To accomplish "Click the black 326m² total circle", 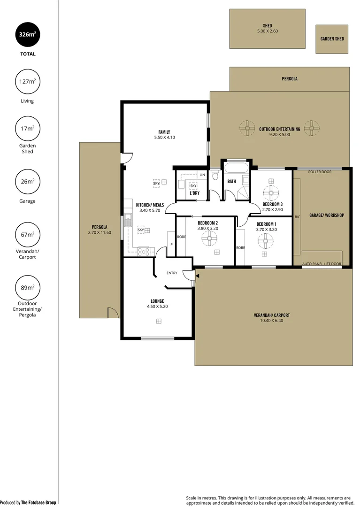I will tap(27, 35).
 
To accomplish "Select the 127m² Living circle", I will tap(27, 81).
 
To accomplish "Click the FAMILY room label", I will tap(164, 132).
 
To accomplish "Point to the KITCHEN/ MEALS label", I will tap(150, 205).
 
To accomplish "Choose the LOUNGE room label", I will tap(157, 301).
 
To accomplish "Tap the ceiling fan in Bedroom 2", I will tap(208, 239).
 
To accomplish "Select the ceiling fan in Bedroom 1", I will tap(266, 241).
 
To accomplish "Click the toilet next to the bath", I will tap(215, 175).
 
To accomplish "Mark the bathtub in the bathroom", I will tap(237, 168).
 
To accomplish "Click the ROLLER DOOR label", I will tap(320, 172).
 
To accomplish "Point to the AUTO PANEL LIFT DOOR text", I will tap(322, 264).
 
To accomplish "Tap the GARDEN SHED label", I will tap(332, 38).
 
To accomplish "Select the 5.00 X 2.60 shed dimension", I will tap(267, 31).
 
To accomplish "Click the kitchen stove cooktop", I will tap(146, 252).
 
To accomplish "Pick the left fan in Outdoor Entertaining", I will tap(246, 128).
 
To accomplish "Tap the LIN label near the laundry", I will tap(202, 175).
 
